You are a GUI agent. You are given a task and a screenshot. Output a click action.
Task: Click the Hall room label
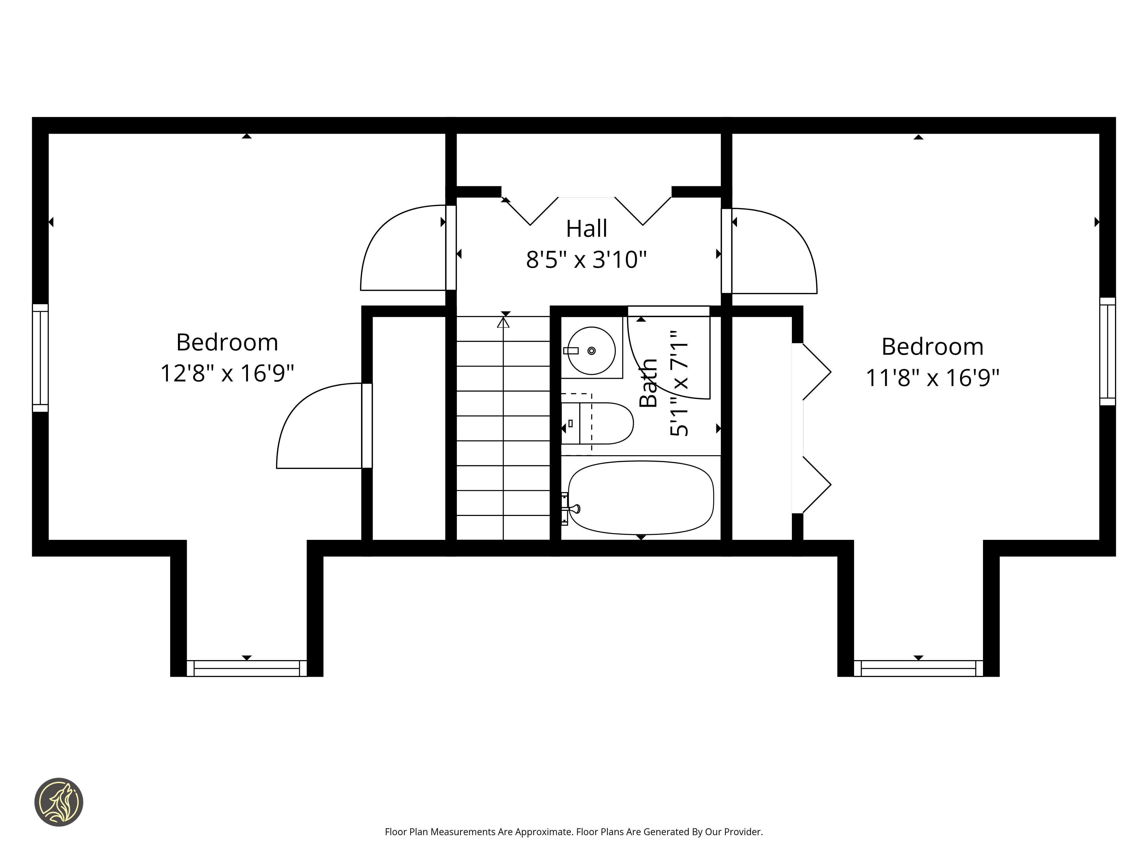pos(586,228)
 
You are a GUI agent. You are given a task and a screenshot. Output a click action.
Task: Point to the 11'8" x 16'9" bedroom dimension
pos(933,377)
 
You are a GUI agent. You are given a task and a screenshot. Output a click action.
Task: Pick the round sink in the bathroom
pos(591,351)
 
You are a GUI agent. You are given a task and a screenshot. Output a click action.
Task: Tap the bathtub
pos(641,498)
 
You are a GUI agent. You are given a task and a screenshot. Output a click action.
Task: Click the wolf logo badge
pos(59,802)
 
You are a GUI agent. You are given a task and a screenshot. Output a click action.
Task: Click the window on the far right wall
pos(1108,351)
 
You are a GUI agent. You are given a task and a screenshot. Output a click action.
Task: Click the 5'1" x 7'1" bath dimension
pos(679,383)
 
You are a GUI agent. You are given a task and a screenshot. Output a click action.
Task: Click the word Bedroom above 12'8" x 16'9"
pos(227,342)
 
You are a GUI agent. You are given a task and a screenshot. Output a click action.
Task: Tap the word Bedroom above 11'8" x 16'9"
pos(933,347)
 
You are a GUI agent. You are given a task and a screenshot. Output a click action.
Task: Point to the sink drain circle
pos(591,351)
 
